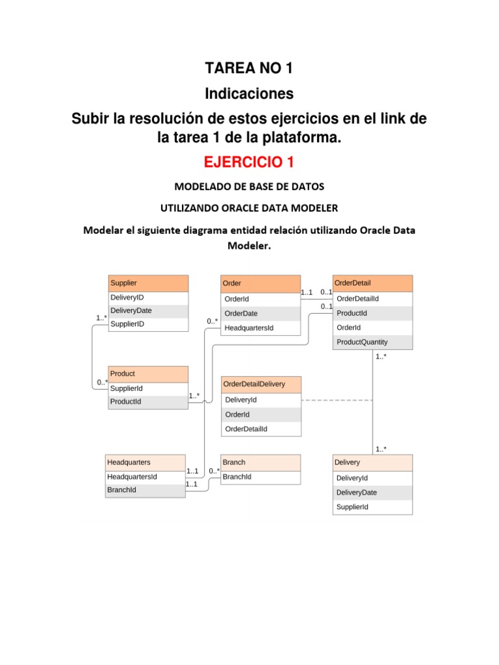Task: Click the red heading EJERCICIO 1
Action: coord(249,161)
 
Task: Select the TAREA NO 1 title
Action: coord(249,68)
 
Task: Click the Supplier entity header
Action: coord(148,283)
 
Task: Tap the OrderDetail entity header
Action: coord(372,283)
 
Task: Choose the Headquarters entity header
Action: coord(145,462)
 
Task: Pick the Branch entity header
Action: coord(261,462)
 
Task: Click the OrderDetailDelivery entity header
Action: coord(262,384)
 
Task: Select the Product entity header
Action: coord(148,374)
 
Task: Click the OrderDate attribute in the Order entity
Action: coord(241,314)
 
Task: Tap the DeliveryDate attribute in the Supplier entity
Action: coord(131,311)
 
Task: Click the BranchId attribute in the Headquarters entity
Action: coord(122,490)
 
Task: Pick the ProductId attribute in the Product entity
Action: coord(126,402)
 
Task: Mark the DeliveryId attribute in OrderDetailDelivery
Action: coord(241,400)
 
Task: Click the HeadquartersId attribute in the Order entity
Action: coord(249,328)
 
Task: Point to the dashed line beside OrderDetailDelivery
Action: coord(337,401)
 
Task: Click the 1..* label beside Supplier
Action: coord(101,318)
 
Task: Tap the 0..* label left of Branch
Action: coord(214,471)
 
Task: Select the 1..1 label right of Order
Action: coord(307,293)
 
